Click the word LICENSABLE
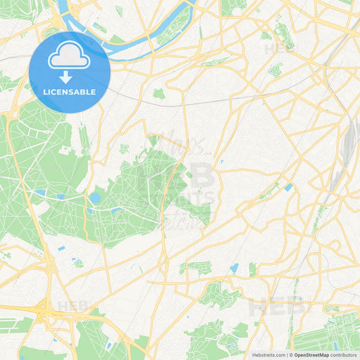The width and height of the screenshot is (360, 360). tap(70, 92)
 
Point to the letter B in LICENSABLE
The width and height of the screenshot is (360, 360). tap(84, 92)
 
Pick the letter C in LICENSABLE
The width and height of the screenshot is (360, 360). tap(55, 92)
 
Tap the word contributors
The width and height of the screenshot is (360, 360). tap(344, 355)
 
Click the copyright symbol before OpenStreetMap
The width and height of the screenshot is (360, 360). tap(291, 355)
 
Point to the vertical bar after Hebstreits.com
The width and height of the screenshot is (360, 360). tap(286, 355)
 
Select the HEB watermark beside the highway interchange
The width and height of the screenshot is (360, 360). tap(72, 306)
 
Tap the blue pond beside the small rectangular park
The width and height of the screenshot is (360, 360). tap(234, 268)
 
